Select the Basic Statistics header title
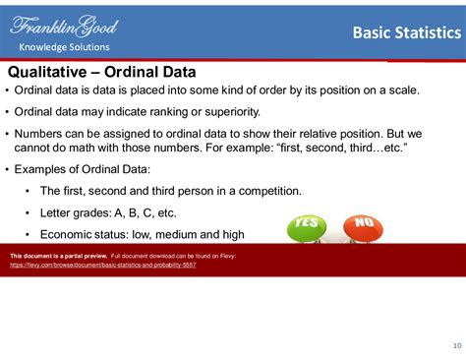point(403,34)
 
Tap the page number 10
point(455,344)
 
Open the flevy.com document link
point(102,266)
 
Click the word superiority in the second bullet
point(226,111)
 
